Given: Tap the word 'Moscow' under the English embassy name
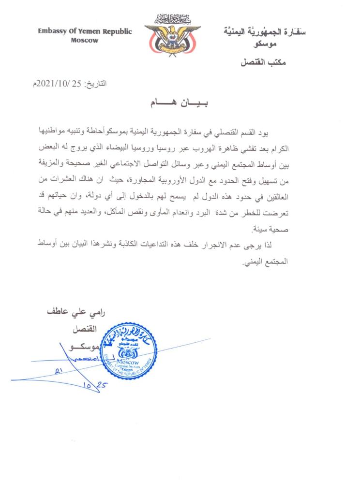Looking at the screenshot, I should click(84, 41).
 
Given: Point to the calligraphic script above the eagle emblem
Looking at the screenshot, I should click(170, 19).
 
